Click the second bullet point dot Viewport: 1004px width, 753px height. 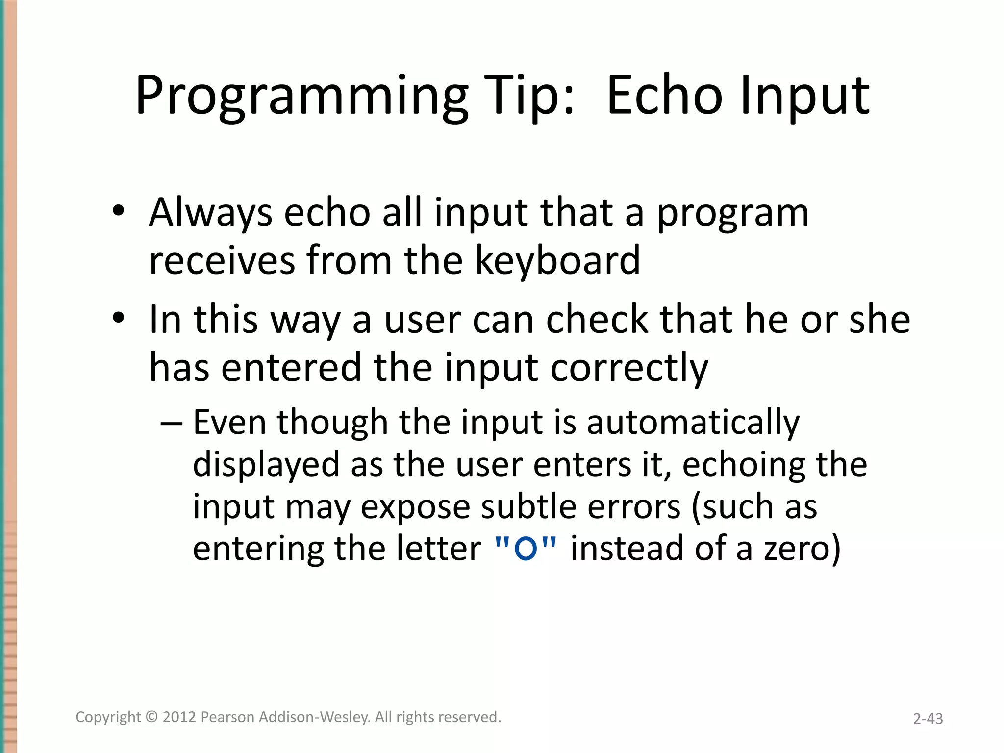(x=118, y=318)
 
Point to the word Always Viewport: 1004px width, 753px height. (x=210, y=213)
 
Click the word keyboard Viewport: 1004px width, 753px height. (x=557, y=260)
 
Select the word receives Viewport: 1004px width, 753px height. (x=222, y=260)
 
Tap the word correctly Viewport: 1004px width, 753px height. (x=629, y=368)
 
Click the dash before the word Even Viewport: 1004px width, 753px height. (x=172, y=423)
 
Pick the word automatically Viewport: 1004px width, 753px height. (x=693, y=423)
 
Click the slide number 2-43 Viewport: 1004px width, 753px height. (x=928, y=719)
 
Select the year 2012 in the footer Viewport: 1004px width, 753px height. (x=179, y=717)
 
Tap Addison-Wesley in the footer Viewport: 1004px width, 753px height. (x=314, y=717)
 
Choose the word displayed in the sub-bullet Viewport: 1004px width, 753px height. (x=266, y=465)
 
